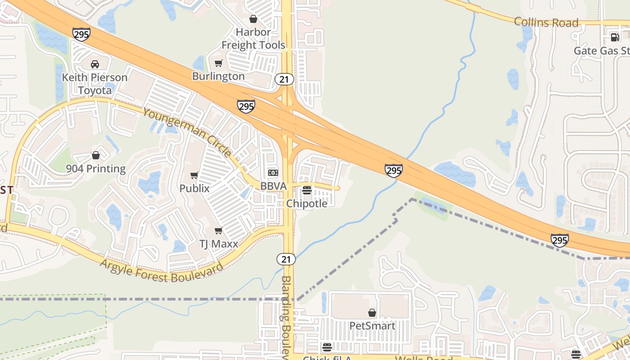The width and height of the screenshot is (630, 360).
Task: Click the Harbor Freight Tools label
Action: (x=253, y=39)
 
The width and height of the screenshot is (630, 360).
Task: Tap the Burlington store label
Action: (x=218, y=76)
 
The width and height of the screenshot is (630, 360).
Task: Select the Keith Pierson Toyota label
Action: (x=94, y=84)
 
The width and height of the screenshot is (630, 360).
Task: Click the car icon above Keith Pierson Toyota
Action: (x=94, y=64)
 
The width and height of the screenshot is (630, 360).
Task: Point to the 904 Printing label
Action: (x=96, y=169)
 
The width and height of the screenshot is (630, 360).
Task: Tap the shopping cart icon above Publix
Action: (x=194, y=175)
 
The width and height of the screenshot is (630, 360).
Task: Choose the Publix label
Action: (x=194, y=188)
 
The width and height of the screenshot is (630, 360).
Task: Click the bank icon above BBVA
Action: (x=273, y=173)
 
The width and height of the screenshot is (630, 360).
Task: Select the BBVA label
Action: (x=273, y=186)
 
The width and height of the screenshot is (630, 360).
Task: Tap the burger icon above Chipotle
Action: (x=307, y=190)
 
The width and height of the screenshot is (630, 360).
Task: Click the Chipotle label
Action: (x=307, y=203)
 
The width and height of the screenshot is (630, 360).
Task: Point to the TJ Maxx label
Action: (x=218, y=244)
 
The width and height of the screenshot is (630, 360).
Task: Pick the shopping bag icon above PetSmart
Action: (x=372, y=313)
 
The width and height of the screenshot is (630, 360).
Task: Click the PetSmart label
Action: (x=372, y=326)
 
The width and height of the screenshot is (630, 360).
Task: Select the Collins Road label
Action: (x=546, y=22)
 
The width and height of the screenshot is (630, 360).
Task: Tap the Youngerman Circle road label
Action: (x=187, y=132)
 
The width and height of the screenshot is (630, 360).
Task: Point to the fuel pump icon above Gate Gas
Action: (x=614, y=37)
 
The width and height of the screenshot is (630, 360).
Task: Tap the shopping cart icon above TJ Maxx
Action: (x=218, y=231)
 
